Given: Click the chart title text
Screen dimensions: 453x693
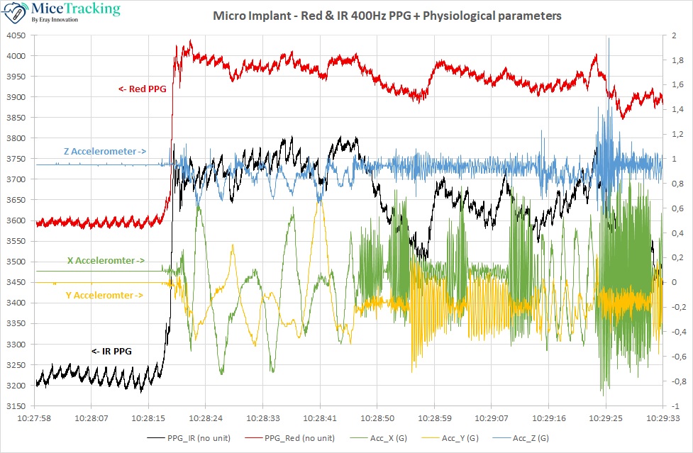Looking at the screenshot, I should point(387,16).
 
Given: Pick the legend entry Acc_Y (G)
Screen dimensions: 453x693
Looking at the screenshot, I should point(457,437).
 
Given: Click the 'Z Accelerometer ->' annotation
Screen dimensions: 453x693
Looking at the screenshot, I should point(104,151).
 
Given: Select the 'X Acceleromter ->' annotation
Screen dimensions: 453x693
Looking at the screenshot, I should point(106,260).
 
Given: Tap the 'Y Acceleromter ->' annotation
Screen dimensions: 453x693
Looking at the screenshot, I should point(104,295).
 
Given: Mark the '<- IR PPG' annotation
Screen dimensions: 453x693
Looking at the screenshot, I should point(111,351).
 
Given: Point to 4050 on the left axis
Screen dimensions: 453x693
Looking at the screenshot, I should point(16,35).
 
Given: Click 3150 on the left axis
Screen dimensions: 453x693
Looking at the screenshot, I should point(16,407).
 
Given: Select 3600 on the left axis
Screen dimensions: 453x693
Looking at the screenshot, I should point(16,221).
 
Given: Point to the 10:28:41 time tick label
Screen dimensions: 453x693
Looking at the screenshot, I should point(322,418).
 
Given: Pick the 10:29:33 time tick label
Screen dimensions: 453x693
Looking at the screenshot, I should point(662,418).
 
